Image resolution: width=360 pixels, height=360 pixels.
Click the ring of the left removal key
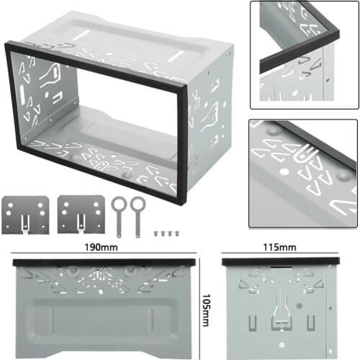click(x=117, y=203)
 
